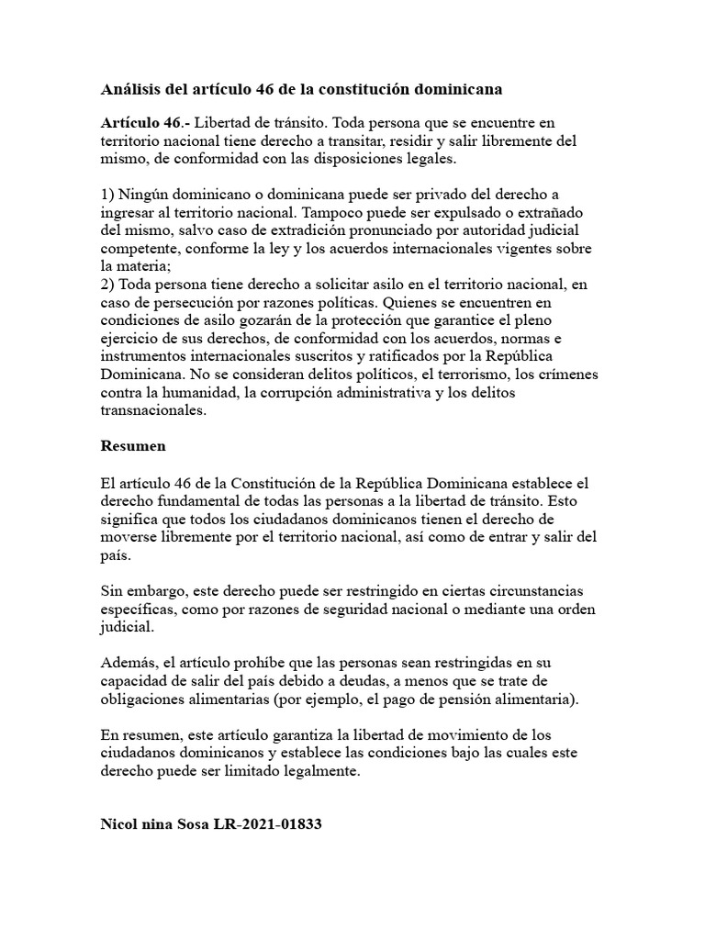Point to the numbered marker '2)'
[107, 283]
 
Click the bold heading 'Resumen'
[132, 446]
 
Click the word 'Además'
[128, 662]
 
